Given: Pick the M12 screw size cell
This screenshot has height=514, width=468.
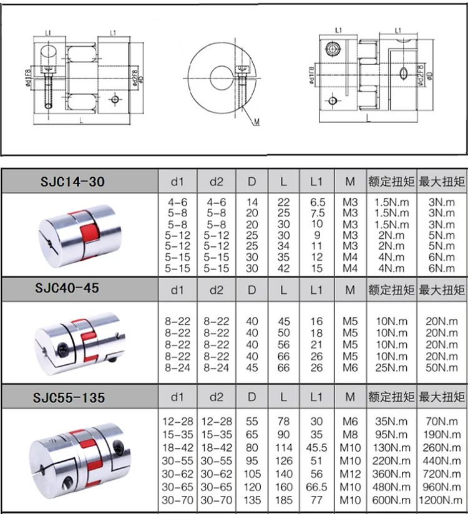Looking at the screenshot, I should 350,475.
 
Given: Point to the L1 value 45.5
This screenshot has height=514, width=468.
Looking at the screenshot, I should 316,448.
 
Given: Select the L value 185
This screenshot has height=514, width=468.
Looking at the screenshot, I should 284,500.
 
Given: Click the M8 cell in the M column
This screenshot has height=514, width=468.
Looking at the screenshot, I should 350,435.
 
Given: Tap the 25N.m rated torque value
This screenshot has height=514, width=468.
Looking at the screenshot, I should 392,368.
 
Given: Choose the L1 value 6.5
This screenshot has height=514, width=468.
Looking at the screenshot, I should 316,203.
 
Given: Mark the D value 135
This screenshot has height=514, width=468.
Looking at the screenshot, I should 252,500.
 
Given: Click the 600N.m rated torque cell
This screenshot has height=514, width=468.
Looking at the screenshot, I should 392,500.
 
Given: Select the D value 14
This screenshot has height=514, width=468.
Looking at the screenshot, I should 252,203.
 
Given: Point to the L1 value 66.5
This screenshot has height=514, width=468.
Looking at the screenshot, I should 316,487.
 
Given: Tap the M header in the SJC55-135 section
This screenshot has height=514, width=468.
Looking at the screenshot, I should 350,397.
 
